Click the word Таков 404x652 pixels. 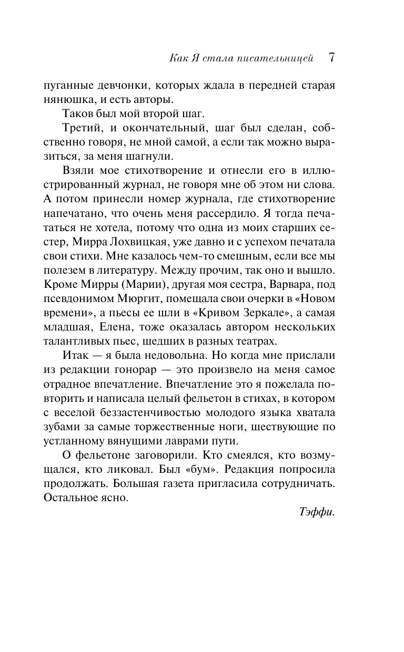tap(78, 114)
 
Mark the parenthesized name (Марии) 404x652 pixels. tap(123, 284)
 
